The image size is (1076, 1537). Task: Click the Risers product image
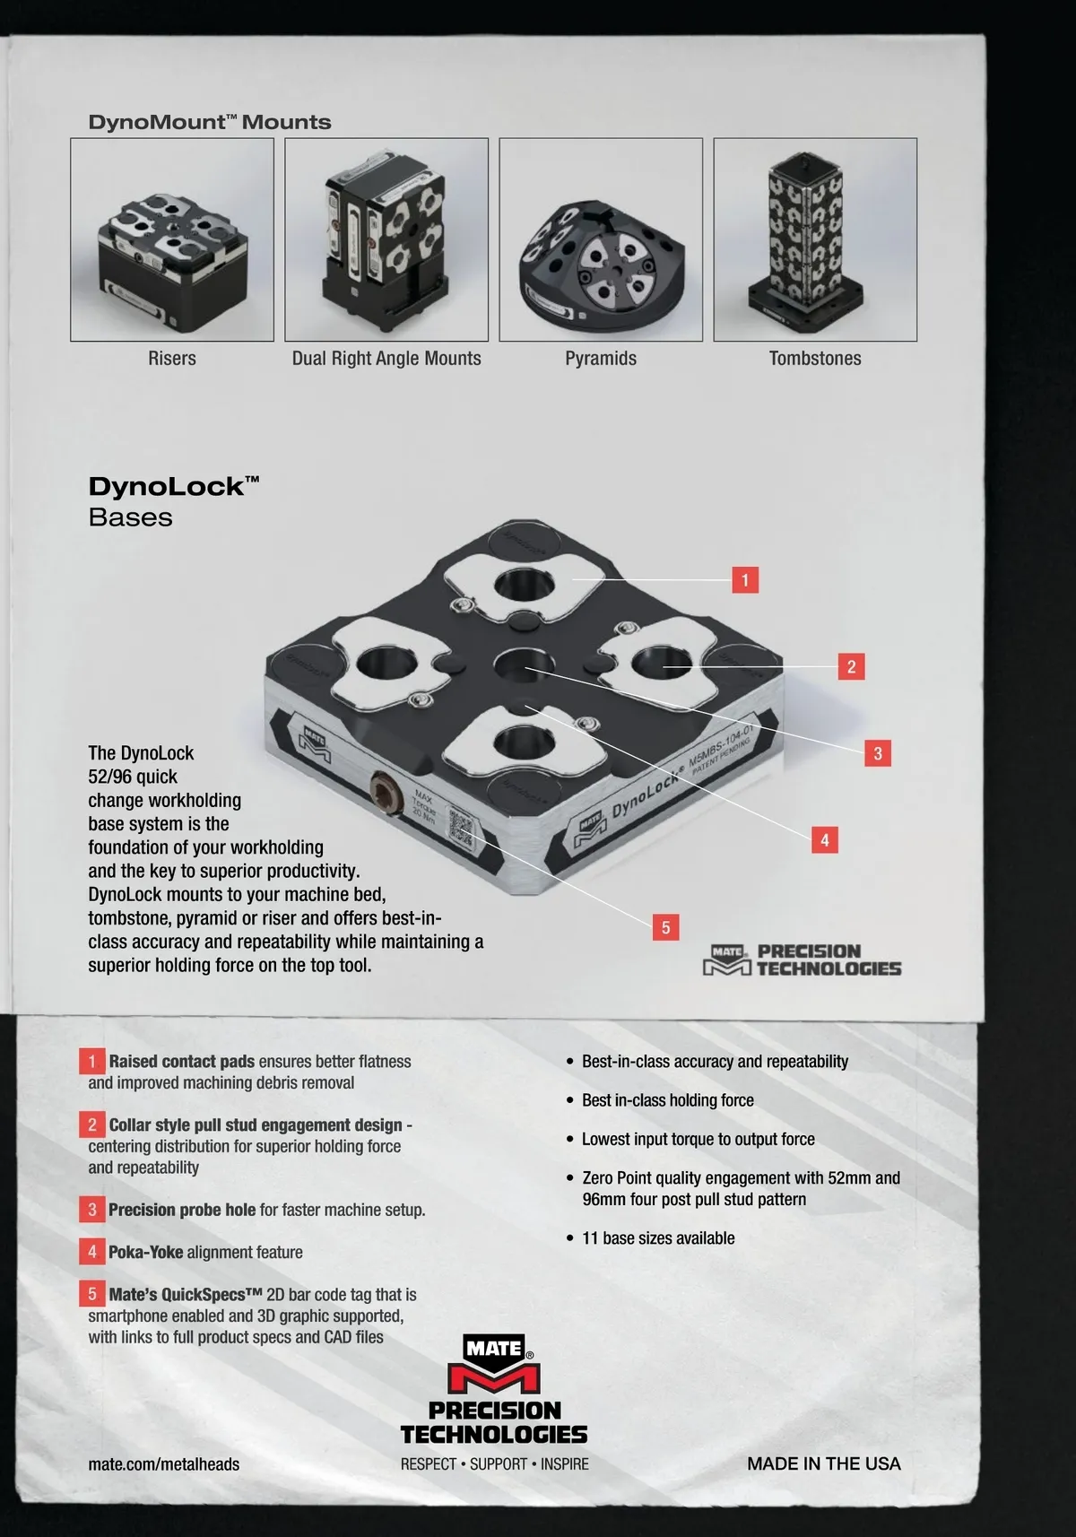click(x=172, y=239)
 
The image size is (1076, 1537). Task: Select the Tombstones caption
click(x=814, y=358)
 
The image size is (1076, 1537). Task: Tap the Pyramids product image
click(x=601, y=239)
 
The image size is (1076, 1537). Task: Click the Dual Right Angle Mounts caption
click(x=386, y=358)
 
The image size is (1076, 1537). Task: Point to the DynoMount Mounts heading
click(x=209, y=122)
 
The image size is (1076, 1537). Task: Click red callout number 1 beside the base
click(x=745, y=580)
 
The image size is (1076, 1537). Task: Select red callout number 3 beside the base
click(x=878, y=753)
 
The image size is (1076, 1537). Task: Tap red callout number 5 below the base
click(x=665, y=928)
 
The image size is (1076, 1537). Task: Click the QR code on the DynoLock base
click(x=462, y=829)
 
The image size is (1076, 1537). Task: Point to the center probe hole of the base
click(x=524, y=665)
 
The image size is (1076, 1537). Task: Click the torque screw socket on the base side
click(x=385, y=793)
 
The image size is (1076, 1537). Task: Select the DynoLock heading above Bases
click(x=174, y=486)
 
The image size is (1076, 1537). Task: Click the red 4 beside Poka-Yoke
click(x=92, y=1252)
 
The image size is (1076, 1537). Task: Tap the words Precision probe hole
click(x=182, y=1210)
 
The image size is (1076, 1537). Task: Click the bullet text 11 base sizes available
click(x=658, y=1238)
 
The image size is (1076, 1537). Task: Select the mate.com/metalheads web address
click(x=163, y=1464)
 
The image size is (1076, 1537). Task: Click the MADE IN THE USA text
click(x=823, y=1463)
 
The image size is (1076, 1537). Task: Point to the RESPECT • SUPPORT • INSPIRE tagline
click(x=495, y=1464)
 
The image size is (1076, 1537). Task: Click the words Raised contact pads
click(x=182, y=1062)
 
